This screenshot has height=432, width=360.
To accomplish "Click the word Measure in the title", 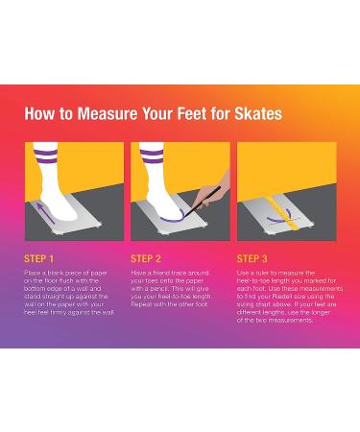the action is pos(108,114).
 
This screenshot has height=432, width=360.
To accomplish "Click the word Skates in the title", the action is pos(258,114).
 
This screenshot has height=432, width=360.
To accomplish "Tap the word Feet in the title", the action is pos(192,114).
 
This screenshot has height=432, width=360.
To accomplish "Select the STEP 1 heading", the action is pos(38,259).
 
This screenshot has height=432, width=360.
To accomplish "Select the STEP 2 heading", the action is pos(146,259).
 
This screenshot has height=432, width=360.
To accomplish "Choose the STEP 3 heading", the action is pos(252,259).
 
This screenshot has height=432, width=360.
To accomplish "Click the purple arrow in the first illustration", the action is pos(46,213).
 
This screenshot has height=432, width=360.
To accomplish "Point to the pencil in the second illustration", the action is pos(203,202).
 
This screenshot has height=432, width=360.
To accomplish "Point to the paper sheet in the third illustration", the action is pos(276,214).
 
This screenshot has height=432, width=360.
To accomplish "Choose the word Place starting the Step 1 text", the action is pos(32,273).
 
